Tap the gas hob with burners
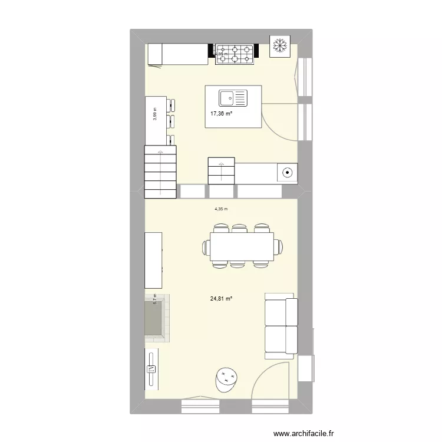[x=235, y=54]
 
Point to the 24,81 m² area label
[x=221, y=298]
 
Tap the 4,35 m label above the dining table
[x=221, y=209]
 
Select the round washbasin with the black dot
[x=287, y=173]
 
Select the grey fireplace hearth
[x=155, y=318]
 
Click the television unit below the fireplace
[x=151, y=368]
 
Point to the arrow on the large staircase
[x=161, y=171]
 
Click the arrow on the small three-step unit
[x=221, y=171]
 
